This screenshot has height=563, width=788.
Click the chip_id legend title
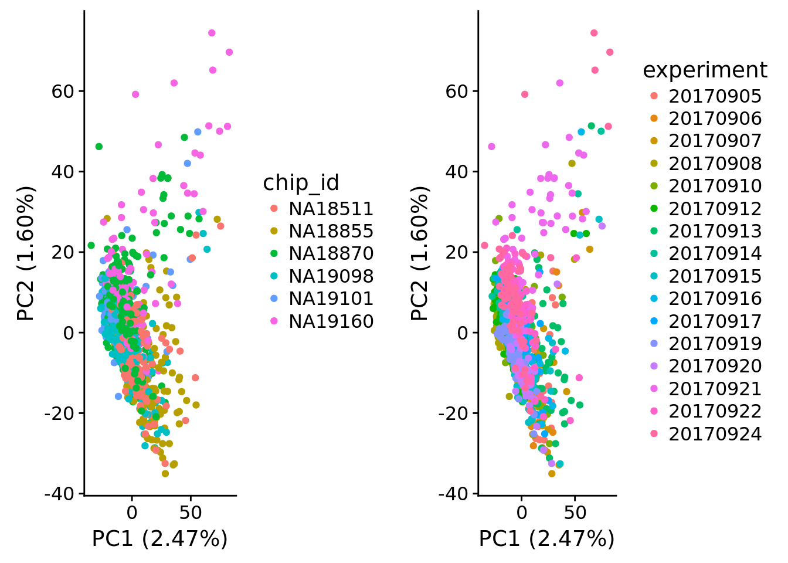tap(301, 183)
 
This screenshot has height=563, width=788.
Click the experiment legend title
tap(705, 70)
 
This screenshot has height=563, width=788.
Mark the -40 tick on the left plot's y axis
tap(61, 494)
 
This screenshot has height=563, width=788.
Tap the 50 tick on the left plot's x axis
tap(191, 513)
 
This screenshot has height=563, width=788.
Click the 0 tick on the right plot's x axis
tap(521, 513)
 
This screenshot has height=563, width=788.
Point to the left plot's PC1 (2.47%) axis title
tap(159, 538)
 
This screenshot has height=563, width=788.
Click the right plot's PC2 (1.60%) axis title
tap(420, 253)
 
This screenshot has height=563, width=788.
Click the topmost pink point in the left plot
tap(212, 33)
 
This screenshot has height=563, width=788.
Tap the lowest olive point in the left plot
tap(165, 473)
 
